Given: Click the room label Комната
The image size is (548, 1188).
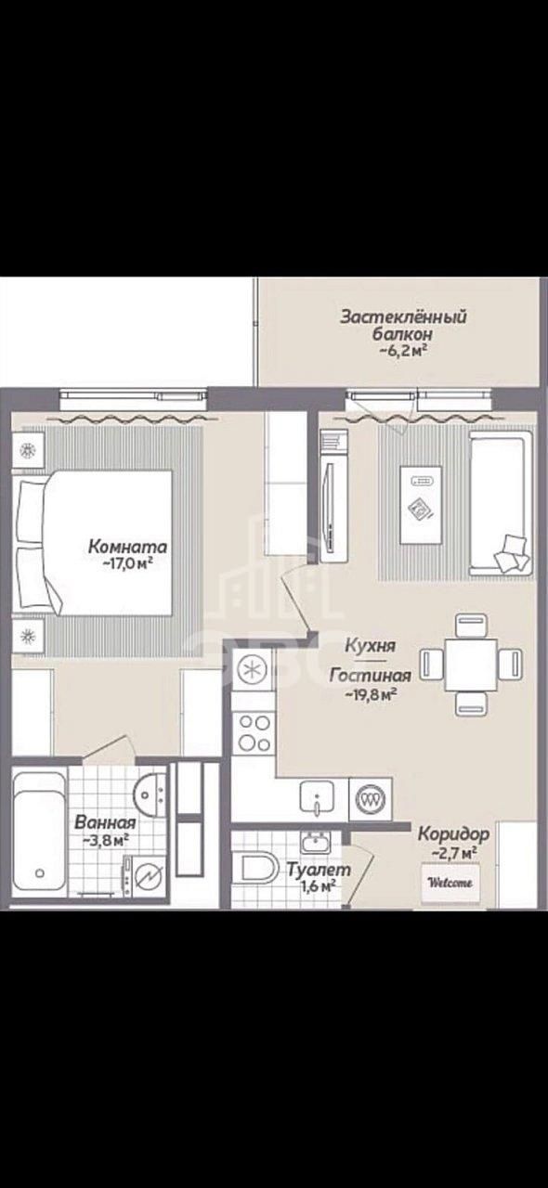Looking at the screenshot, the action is pyautogui.click(x=127, y=546).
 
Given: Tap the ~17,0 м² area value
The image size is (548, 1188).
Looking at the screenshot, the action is pyautogui.click(x=128, y=563).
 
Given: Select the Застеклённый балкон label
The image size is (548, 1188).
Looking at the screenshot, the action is pyautogui.click(x=403, y=325).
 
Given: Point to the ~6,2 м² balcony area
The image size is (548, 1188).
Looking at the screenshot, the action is pyautogui.click(x=403, y=350).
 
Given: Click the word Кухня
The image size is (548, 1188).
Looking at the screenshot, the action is pyautogui.click(x=370, y=645).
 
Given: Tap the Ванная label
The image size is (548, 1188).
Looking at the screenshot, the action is pyautogui.click(x=105, y=822).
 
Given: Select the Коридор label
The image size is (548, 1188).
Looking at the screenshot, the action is pyautogui.click(x=453, y=833).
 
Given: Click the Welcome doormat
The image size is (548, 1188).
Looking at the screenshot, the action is pyautogui.click(x=450, y=883).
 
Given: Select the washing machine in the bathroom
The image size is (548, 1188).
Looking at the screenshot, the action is pyautogui.click(x=145, y=875).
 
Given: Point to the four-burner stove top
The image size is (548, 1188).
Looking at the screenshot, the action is pyautogui.click(x=253, y=732).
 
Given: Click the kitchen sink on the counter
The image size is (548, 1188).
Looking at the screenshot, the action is pyautogui.click(x=317, y=797).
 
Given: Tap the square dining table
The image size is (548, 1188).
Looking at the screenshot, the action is pyautogui.click(x=471, y=665).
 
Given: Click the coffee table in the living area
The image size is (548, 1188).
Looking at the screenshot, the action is pyautogui.click(x=421, y=504).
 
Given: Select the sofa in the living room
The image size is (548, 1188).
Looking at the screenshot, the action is pyautogui.click(x=501, y=503).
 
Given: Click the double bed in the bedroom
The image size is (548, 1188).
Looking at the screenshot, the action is pyautogui.click(x=95, y=543).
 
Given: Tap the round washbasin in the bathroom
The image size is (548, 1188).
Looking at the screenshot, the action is pyautogui.click(x=150, y=794).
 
